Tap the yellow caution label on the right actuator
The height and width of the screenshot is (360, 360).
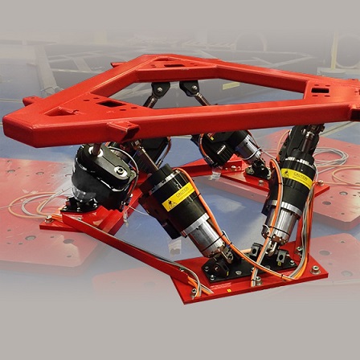click(297, 178)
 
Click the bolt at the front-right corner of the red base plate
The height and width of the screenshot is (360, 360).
click(315, 269)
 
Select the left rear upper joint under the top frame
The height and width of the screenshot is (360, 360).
click(158, 89)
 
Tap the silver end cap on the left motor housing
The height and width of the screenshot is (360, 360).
click(121, 170)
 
